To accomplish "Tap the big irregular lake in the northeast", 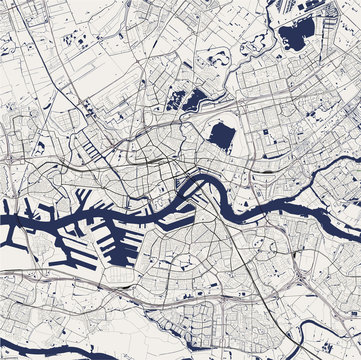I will (296, 37).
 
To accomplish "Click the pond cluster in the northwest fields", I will (75, 40).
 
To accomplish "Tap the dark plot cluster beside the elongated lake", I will (174, 99).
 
